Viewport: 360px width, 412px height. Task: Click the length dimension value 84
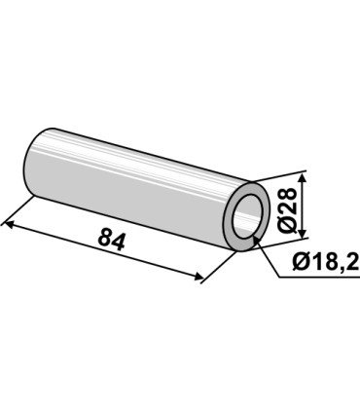click(x=111, y=240)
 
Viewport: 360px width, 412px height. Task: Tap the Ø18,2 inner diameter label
click(x=325, y=261)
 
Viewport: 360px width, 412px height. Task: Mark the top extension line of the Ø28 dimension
click(x=286, y=175)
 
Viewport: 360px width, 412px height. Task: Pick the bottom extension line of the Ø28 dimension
click(x=287, y=237)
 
